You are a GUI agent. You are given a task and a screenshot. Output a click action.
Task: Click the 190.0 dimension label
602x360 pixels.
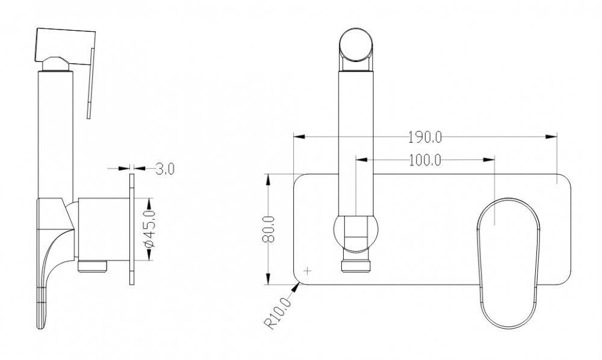click(424, 137)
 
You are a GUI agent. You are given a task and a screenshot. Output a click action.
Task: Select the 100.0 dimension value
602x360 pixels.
click(424, 160)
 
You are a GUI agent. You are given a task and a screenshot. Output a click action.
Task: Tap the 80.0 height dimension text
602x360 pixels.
click(268, 229)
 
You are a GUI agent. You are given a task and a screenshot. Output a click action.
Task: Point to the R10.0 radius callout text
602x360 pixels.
click(278, 313)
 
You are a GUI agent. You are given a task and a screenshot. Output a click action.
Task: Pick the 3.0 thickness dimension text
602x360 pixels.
click(165, 169)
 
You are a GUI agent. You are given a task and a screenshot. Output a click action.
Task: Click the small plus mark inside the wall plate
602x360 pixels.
click(308, 271)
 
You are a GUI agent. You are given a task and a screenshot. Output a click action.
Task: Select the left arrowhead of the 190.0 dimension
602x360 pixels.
click(299, 137)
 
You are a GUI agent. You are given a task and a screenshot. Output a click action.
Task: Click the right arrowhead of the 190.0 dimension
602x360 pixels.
click(551, 137)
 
